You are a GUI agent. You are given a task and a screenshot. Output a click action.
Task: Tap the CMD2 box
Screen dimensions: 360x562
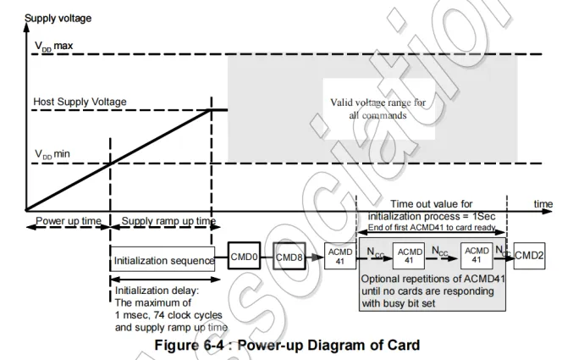pos(530,255)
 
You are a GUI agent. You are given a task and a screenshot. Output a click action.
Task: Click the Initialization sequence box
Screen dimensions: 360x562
pos(163,261)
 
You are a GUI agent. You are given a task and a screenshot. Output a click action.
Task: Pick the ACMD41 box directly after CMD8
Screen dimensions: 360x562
pos(339,256)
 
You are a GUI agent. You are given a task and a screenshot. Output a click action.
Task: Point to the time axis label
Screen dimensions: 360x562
pos(543,203)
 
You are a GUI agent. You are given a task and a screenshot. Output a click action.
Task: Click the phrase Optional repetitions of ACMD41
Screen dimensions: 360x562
pos(428,278)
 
